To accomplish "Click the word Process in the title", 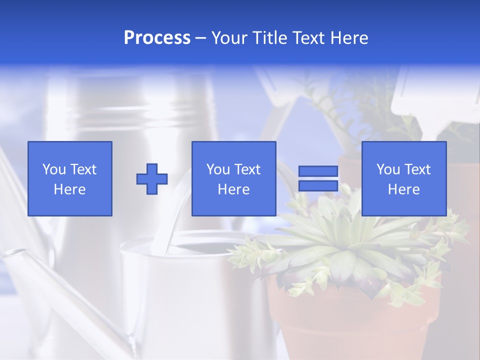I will coord(157,38).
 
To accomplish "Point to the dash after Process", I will coord(201,38).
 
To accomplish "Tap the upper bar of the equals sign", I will coord(318,171).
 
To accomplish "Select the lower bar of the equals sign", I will coord(318,185).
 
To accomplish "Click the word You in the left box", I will coord(53,169).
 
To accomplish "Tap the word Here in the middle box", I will coord(234,189).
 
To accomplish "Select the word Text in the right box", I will coord(417,169).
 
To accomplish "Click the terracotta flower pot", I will coord(350,320).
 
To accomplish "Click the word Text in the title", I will coord(307,38).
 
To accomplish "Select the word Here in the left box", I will coord(69,189).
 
